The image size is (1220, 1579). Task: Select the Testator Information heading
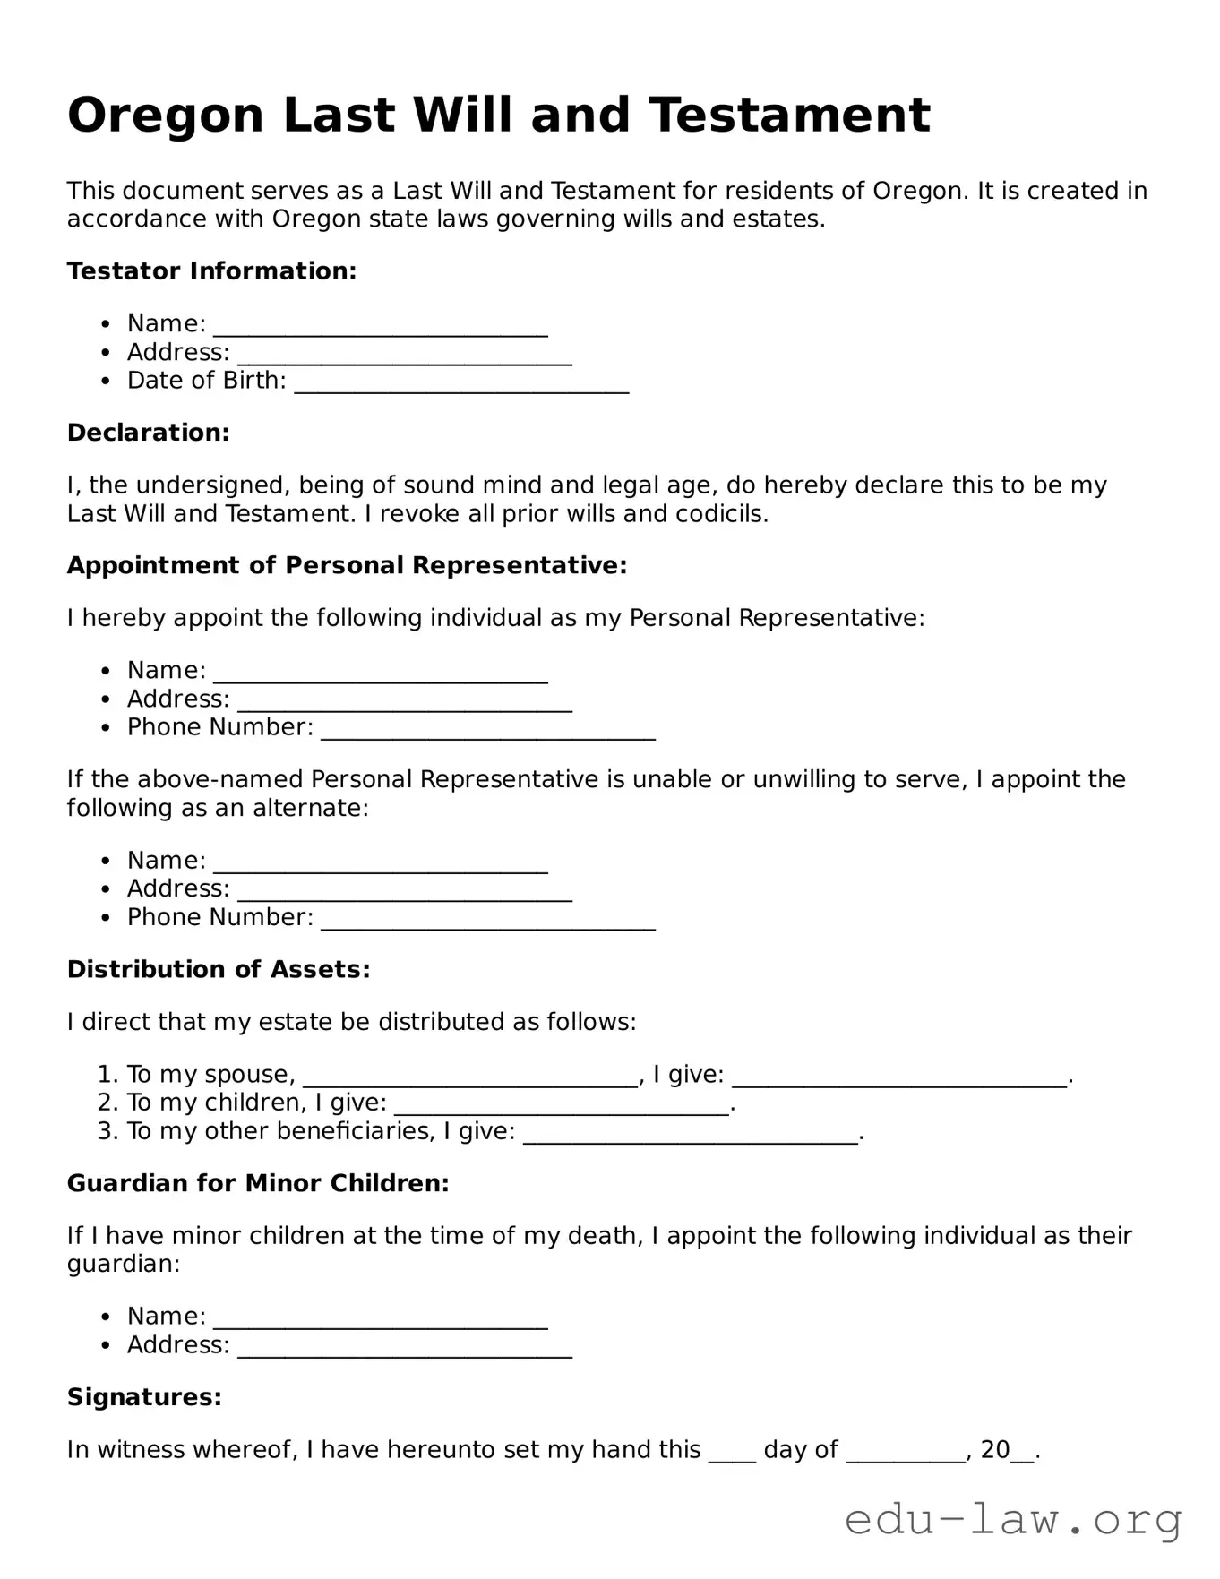[211, 271]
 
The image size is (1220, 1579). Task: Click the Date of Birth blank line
[461, 382]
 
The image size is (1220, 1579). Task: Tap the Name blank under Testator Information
[381, 325]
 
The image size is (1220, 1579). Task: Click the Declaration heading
[149, 433]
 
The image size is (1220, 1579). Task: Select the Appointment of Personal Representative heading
[347, 566]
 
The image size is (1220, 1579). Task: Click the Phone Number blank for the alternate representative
[488, 919]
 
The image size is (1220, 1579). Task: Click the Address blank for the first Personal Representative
[405, 700]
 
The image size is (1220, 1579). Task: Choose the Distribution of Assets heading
[219, 970]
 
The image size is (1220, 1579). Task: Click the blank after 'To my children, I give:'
[562, 1104]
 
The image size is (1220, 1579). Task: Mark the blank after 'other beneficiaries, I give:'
[690, 1133]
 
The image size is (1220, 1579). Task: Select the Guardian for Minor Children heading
[258, 1184]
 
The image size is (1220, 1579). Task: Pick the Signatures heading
[144, 1398]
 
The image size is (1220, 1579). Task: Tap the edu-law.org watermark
[1013, 1521]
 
